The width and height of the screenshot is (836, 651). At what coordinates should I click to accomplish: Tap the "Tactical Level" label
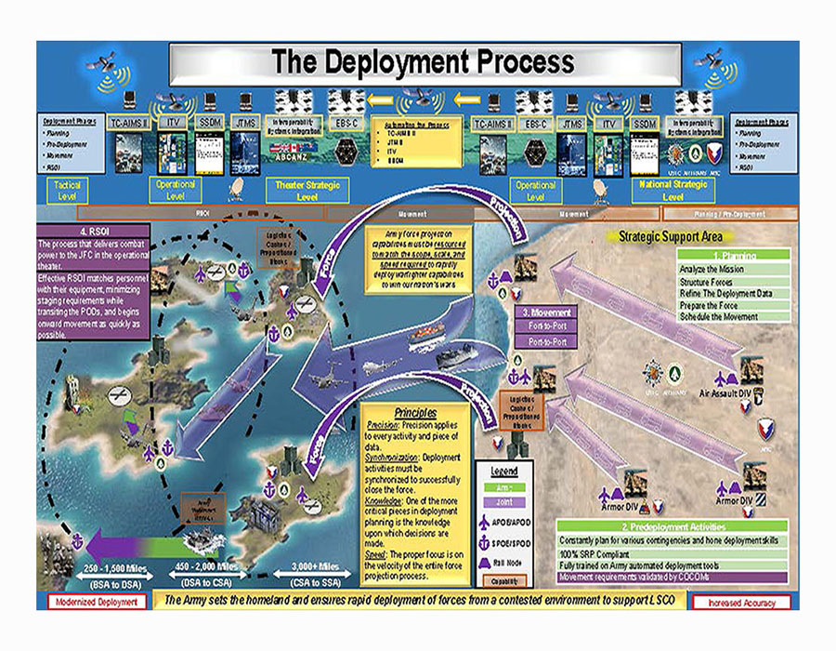tap(68, 191)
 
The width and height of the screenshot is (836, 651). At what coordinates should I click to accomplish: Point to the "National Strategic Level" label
tap(672, 191)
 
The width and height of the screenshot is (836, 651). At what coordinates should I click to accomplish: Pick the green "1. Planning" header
tap(735, 255)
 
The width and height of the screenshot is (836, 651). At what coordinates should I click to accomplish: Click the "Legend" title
tap(504, 471)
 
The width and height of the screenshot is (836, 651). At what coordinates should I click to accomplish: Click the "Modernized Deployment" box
tap(98, 602)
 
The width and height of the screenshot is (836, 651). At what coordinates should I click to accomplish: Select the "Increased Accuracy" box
tap(740, 602)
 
